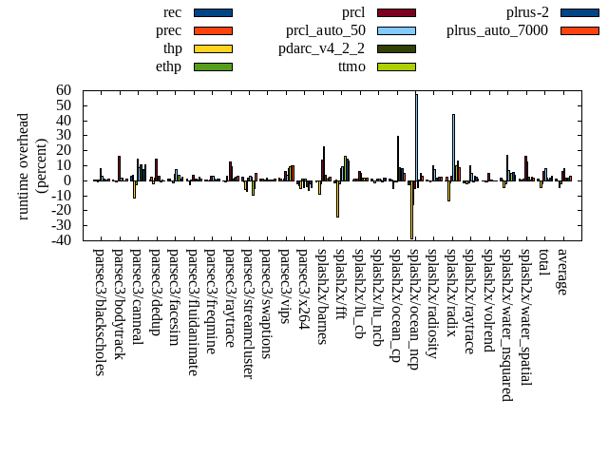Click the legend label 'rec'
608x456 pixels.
click(x=173, y=12)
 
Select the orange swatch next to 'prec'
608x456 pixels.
click(x=213, y=30)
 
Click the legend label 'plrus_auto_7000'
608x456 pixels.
click(x=498, y=30)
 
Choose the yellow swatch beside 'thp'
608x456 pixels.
click(x=213, y=48)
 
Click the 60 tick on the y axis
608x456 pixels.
click(x=64, y=90)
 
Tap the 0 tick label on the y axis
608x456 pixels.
click(x=68, y=180)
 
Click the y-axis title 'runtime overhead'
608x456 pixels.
click(x=25, y=165)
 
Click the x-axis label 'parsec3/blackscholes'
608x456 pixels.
click(x=99, y=313)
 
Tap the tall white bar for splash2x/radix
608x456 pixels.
click(x=453, y=147)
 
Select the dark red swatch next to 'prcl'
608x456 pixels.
click(x=397, y=12)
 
